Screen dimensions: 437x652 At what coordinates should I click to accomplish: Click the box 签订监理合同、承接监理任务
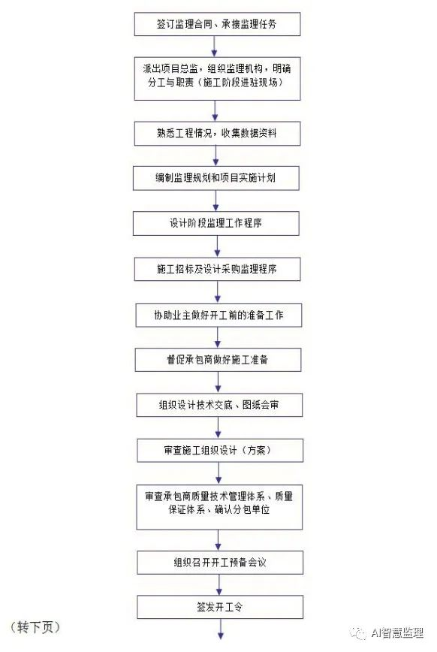[x=217, y=24]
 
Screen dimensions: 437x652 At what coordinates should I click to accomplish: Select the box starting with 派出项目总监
[x=217, y=79]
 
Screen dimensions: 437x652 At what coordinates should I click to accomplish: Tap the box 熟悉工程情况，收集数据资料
[x=217, y=134]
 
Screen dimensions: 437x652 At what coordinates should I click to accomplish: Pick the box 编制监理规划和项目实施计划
[x=215, y=178]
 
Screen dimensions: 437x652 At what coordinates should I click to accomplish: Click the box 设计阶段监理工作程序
[x=215, y=223]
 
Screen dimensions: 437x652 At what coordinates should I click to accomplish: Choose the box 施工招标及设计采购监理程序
[x=217, y=269]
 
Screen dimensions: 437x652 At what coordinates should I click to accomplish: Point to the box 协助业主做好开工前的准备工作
[x=218, y=315]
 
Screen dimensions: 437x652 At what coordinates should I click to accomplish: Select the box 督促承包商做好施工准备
[x=218, y=360]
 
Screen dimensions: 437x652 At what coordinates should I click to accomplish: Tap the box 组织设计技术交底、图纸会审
[x=219, y=405]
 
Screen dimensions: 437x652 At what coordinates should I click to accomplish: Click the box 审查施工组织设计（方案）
[x=220, y=451]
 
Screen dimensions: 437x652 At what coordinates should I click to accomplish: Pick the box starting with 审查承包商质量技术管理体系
[x=219, y=507]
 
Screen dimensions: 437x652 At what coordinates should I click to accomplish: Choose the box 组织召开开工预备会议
[x=220, y=563]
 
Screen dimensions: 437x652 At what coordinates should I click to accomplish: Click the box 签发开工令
[x=220, y=607]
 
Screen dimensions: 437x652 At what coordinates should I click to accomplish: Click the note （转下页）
[x=35, y=627]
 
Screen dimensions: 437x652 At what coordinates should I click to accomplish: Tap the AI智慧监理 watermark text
[x=397, y=633]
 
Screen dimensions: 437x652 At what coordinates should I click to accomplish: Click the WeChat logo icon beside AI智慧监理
[x=358, y=633]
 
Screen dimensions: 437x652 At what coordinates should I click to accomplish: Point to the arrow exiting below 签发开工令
[x=220, y=629]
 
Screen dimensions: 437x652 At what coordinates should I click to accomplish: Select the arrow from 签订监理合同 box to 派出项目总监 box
[x=214, y=47]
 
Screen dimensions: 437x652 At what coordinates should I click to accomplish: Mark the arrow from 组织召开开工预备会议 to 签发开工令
[x=219, y=585]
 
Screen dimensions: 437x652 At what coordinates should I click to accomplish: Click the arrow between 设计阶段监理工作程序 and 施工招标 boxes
[x=217, y=246]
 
